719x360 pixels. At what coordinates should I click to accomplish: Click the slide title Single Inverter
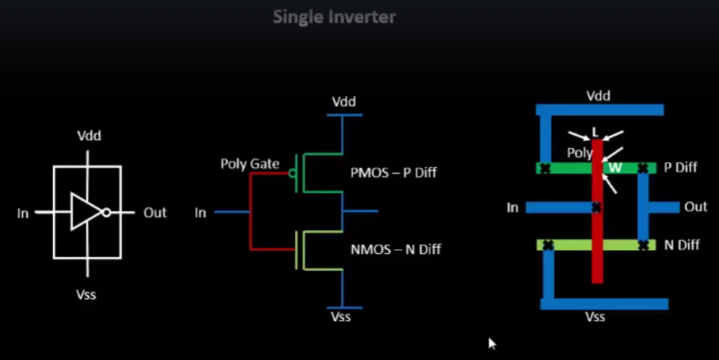334,17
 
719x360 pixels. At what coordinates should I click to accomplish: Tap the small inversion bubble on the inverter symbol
106,212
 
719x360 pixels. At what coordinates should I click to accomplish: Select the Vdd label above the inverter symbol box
89,136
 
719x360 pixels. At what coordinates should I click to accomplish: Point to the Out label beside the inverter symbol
155,212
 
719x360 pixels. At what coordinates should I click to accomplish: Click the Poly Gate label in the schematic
250,164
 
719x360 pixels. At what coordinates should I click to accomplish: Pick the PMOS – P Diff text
393,172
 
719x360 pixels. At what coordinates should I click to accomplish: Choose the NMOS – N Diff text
395,249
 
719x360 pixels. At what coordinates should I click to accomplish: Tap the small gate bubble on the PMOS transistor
292,173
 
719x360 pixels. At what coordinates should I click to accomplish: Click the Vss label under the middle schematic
341,317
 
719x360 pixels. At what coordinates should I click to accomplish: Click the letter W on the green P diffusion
615,168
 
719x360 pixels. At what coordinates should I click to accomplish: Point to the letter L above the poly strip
595,132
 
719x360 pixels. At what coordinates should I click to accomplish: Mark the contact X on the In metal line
596,207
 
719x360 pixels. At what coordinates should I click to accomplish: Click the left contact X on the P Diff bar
545,168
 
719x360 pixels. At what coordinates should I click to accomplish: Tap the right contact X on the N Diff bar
643,245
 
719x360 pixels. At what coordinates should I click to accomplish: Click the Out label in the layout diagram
695,207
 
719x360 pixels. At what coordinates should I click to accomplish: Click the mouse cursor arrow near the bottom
492,343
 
